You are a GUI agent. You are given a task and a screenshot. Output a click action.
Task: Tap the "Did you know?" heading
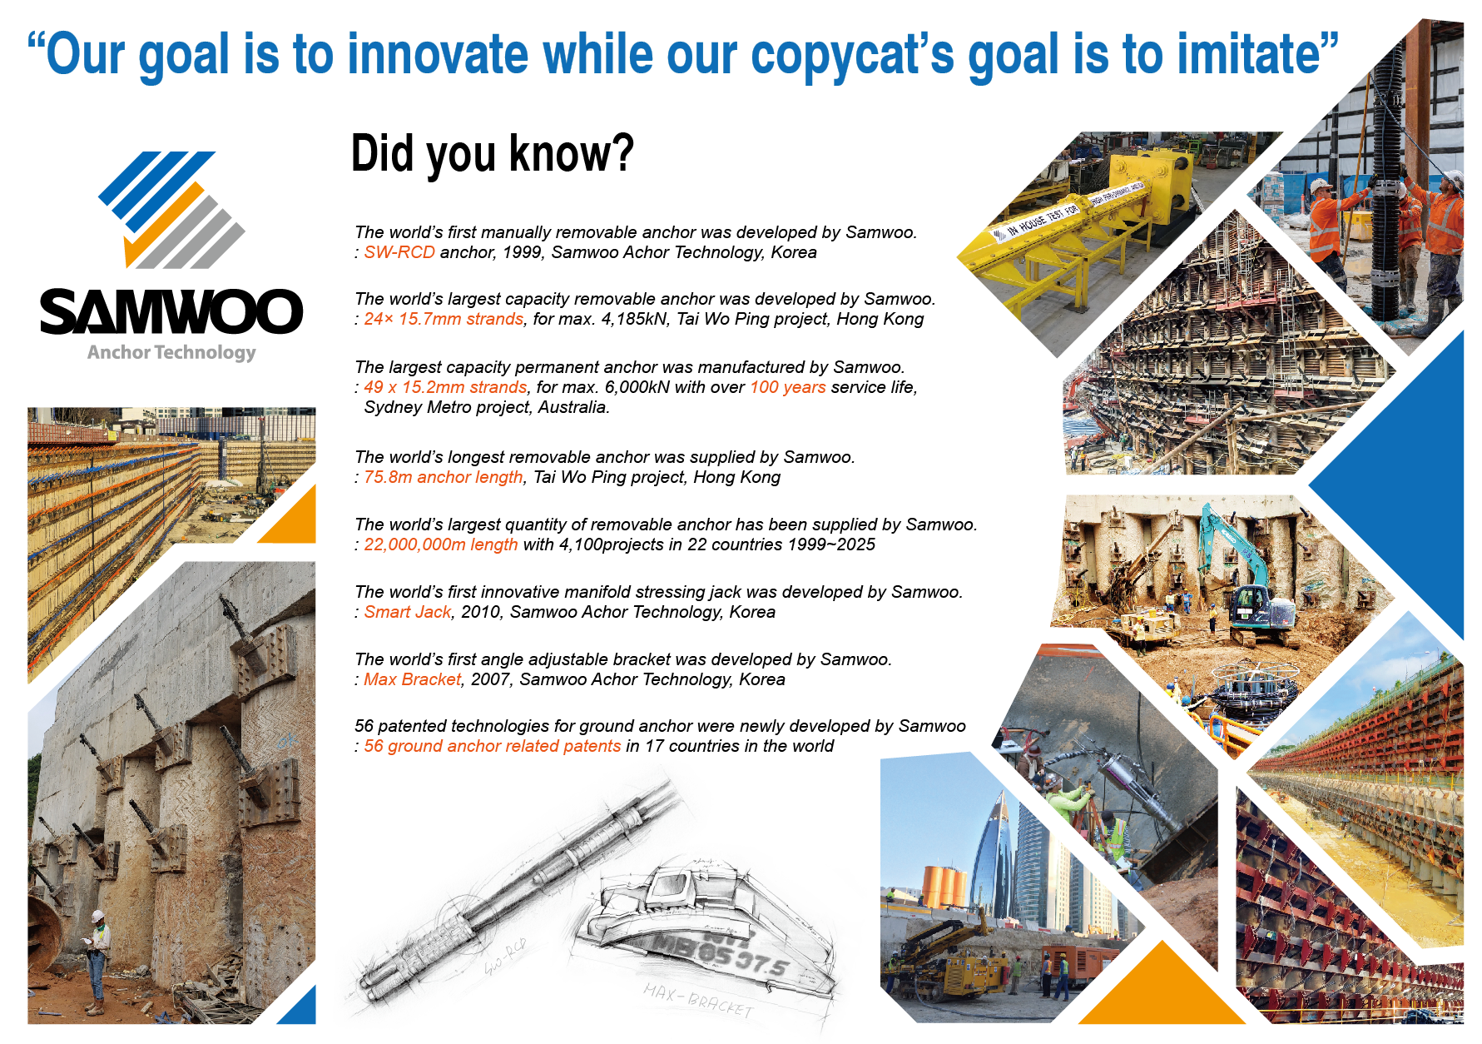tap(493, 154)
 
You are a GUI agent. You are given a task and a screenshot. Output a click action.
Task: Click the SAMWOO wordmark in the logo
tap(171, 312)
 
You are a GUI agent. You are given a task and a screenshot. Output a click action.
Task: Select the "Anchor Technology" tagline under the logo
tap(171, 353)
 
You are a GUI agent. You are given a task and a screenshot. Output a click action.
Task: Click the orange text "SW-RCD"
tap(399, 252)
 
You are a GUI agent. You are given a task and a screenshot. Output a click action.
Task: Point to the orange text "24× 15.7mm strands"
tap(444, 319)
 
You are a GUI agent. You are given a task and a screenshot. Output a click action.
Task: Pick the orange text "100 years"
tap(788, 387)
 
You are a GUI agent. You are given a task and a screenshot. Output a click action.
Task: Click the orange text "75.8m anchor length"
tap(444, 477)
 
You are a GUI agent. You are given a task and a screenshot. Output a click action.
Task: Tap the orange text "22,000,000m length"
tap(441, 544)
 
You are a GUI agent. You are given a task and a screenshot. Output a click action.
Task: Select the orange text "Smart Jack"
tap(408, 612)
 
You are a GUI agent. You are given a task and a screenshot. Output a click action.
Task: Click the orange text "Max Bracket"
tap(413, 679)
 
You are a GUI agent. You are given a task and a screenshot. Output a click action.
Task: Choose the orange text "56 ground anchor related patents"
tap(493, 746)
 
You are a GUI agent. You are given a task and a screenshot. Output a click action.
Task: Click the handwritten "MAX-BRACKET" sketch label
tap(698, 1000)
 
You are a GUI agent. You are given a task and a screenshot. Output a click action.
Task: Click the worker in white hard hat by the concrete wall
tap(97, 962)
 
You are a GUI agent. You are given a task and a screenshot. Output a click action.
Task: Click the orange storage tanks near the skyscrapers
tap(945, 887)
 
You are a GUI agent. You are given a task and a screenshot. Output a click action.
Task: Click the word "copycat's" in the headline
tap(853, 55)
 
